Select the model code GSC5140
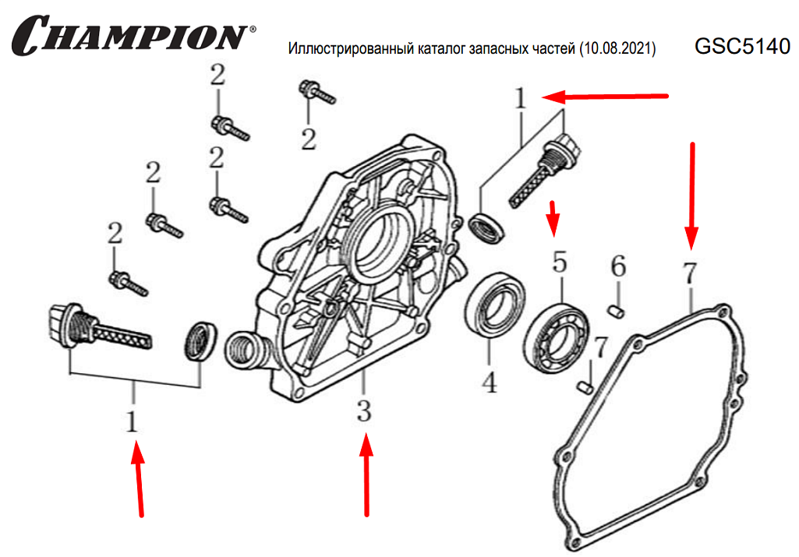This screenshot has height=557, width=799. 742,47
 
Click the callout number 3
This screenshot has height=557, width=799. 364,411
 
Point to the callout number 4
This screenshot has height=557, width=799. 489,382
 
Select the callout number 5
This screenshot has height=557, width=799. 560,263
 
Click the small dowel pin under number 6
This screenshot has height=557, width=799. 616,312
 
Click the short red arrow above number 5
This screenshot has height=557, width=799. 554,218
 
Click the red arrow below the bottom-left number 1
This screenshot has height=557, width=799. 139,478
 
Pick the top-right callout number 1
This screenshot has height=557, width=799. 521,99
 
